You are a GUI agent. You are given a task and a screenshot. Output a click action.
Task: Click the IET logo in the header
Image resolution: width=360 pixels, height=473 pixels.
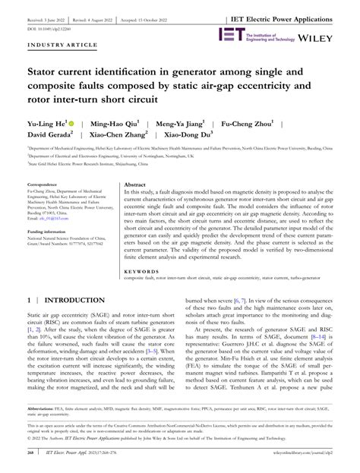click(x=232, y=34)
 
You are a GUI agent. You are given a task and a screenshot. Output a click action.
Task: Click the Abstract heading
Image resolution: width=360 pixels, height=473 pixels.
click(x=134, y=206)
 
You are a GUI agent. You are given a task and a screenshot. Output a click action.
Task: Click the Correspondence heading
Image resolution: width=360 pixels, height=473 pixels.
click(x=44, y=206)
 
